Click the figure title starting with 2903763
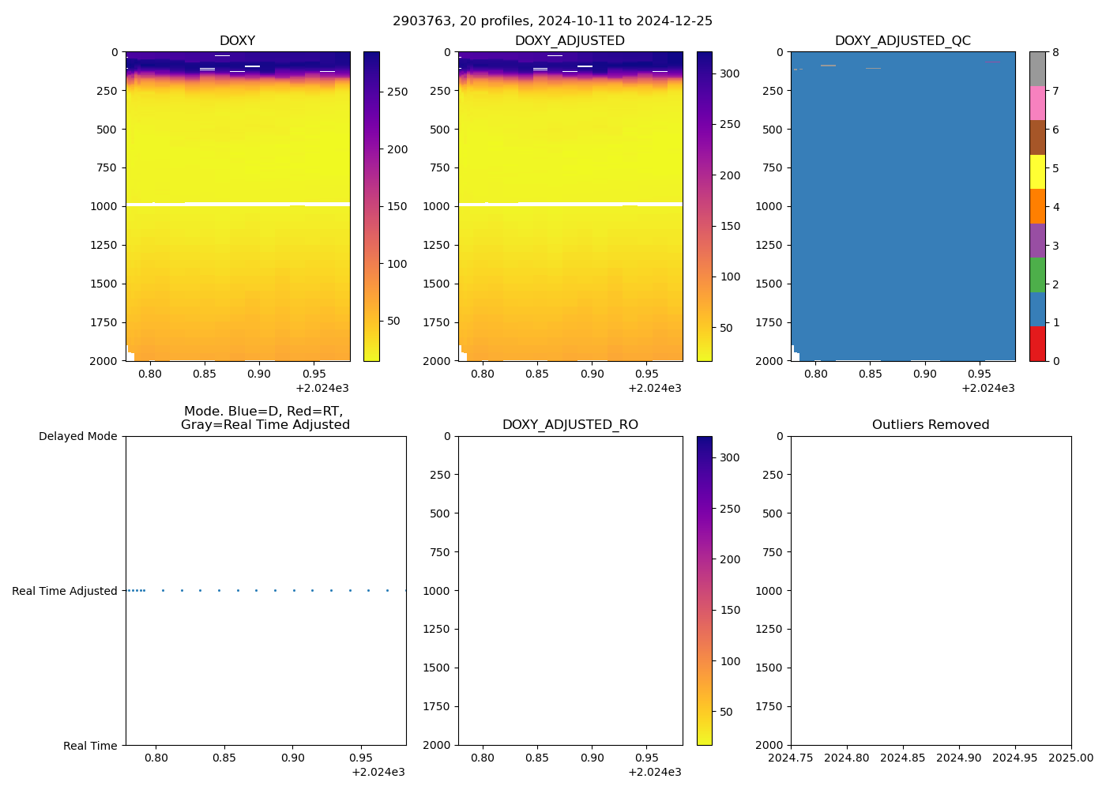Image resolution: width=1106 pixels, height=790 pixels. (x=552, y=21)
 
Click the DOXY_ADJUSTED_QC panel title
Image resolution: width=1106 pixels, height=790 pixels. (x=902, y=41)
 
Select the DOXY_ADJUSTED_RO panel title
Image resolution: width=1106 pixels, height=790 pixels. (x=570, y=425)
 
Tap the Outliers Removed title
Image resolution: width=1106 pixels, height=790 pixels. (x=931, y=425)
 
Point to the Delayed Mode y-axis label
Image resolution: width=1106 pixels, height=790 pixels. (x=77, y=437)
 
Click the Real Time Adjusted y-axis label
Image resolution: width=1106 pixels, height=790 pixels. (x=65, y=591)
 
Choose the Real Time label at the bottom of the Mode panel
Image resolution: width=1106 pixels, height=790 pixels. (x=90, y=746)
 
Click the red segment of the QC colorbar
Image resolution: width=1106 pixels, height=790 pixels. (x=1036, y=344)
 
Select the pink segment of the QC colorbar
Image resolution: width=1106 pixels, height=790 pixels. (x=1036, y=103)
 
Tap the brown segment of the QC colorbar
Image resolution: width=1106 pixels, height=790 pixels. (x=1036, y=137)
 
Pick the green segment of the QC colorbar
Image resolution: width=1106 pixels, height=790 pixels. (x=1036, y=275)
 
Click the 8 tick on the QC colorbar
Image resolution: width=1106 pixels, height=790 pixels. (x=1055, y=53)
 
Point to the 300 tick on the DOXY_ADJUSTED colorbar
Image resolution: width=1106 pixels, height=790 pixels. (x=730, y=73)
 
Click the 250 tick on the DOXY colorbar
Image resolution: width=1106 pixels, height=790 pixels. (x=397, y=92)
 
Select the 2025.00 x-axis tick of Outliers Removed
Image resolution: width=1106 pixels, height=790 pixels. (x=1071, y=758)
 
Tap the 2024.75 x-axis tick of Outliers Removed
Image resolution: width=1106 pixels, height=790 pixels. (x=791, y=758)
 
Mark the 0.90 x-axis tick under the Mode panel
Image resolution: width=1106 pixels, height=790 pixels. (x=292, y=758)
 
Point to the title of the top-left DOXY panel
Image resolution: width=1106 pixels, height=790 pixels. (x=237, y=41)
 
